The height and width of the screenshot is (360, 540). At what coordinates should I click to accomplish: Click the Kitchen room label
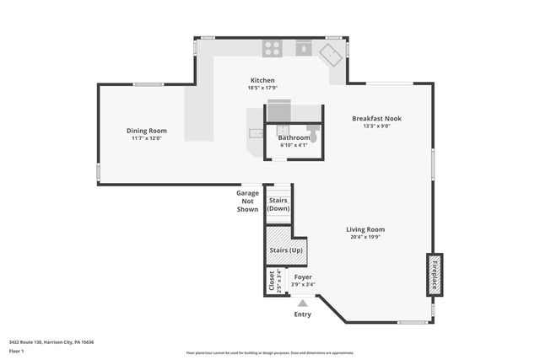(262, 80)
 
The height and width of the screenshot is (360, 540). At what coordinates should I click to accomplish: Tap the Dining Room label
(146, 131)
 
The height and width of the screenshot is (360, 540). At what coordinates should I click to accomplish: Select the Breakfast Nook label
(376, 119)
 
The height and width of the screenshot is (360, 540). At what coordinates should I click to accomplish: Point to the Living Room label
(365, 229)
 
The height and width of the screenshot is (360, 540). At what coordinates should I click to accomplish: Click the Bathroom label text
(294, 137)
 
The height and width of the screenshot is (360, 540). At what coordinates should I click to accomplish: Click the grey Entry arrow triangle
(302, 303)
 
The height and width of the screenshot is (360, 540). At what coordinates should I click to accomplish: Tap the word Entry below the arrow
(302, 314)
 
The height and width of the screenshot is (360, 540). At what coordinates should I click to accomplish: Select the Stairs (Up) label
(285, 250)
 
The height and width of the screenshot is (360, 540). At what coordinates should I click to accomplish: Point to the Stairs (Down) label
(278, 204)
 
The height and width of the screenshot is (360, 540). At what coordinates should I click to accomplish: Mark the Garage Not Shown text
(247, 201)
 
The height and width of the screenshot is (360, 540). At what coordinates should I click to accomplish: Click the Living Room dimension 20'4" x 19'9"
(365, 237)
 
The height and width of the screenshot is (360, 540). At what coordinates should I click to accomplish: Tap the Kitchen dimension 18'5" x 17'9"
(262, 88)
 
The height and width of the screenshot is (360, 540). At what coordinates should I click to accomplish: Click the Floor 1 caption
(16, 351)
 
